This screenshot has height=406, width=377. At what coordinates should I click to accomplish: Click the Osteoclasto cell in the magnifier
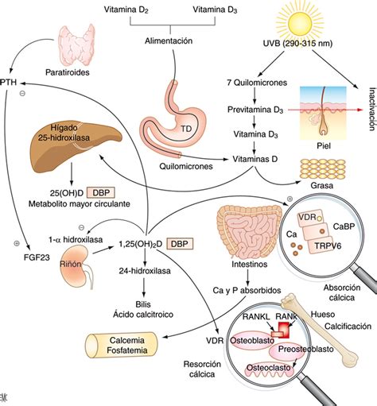267,368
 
